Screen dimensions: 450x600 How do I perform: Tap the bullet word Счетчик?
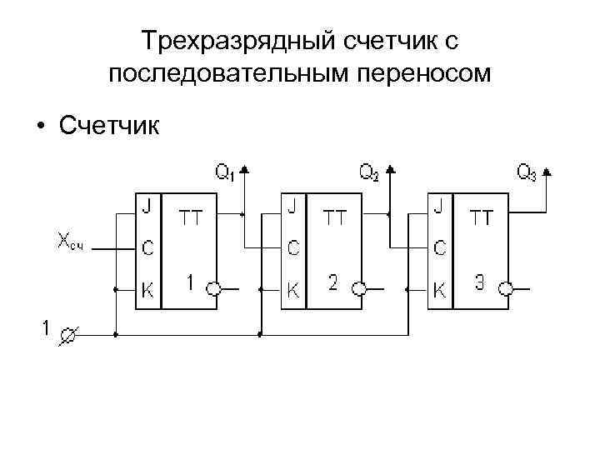(x=112, y=126)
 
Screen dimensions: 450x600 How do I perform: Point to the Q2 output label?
(x=368, y=172)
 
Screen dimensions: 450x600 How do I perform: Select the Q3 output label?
(x=526, y=172)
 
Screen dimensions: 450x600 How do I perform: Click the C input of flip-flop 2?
(x=293, y=247)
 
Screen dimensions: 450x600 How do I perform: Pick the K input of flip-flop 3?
(x=439, y=290)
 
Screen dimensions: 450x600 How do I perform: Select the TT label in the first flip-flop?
(x=190, y=218)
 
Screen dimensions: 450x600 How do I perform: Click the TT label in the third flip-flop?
(x=482, y=218)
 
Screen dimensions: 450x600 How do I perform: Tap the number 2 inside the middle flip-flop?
(x=333, y=283)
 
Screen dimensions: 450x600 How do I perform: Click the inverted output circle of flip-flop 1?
(x=214, y=289)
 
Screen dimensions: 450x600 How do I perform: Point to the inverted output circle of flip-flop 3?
(x=506, y=289)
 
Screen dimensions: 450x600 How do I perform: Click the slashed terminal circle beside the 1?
(x=68, y=335)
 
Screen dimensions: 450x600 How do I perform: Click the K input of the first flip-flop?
(x=147, y=290)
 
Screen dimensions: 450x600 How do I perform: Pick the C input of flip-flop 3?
(x=439, y=247)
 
